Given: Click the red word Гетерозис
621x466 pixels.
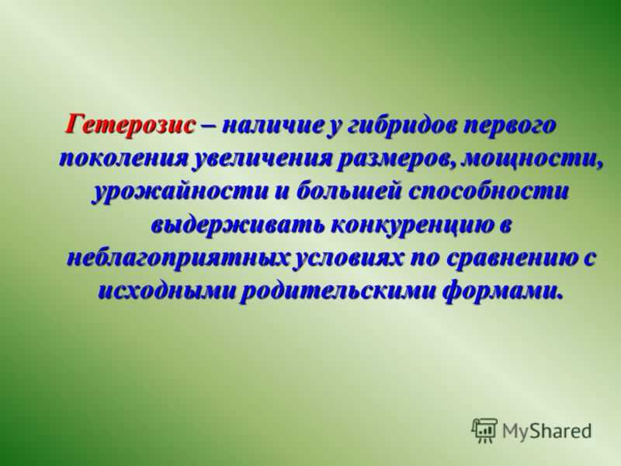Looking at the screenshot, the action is tap(130, 125).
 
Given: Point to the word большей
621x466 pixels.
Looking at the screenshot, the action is tap(349, 192).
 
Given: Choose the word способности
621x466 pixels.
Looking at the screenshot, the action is tap(488, 193).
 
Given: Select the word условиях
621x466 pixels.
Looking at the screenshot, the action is tap(349, 259).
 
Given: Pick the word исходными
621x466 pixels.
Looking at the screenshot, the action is tap(166, 292).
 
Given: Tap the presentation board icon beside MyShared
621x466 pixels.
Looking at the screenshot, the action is tap(484, 430).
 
